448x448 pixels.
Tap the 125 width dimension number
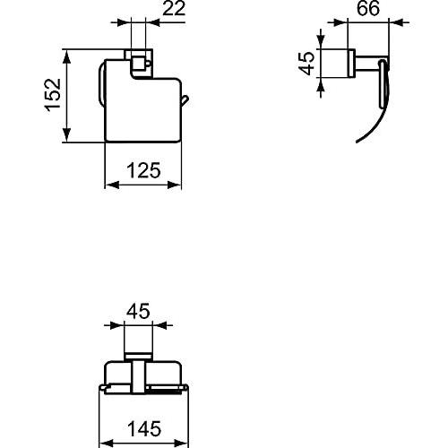tap(143, 170)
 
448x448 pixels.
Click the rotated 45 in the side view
tap(307, 65)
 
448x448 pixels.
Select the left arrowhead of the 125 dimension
tap(110, 185)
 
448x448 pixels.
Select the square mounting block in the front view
tap(140, 65)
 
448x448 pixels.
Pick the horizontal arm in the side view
tap(364, 65)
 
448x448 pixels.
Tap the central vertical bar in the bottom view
tap(138, 375)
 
